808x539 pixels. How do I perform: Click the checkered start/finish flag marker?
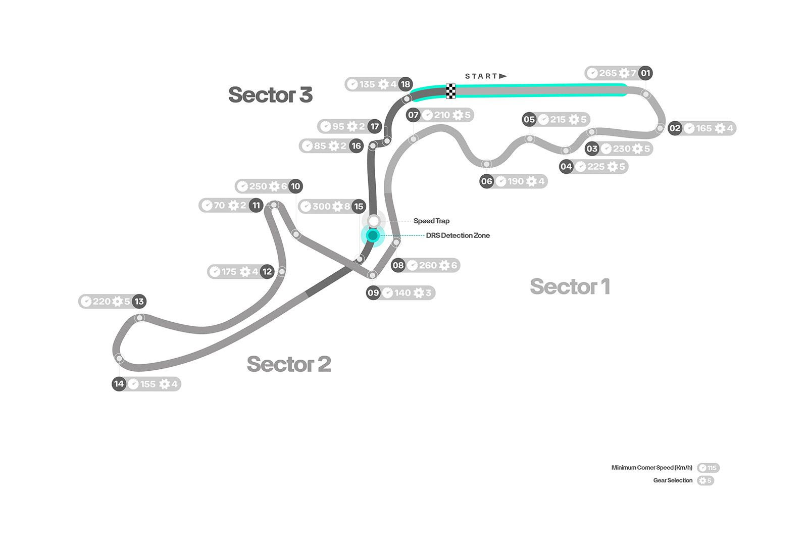click(450, 91)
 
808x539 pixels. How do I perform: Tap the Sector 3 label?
click(270, 95)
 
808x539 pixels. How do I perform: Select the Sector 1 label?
click(570, 286)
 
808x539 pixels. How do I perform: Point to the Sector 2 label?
click(289, 364)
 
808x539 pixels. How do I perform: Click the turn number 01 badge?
click(645, 73)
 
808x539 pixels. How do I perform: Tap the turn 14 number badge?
click(119, 384)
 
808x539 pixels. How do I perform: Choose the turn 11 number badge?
click(256, 206)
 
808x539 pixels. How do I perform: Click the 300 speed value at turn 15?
click(321, 206)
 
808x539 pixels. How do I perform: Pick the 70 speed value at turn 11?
click(219, 206)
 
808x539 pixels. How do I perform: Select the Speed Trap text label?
click(431, 221)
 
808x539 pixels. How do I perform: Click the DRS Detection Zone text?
click(458, 235)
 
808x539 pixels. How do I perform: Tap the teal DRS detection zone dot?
click(373, 235)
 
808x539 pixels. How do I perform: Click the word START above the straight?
click(481, 76)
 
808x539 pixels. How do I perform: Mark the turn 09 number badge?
click(373, 292)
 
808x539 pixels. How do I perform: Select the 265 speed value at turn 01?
click(608, 73)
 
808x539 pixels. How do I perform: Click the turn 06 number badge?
click(486, 181)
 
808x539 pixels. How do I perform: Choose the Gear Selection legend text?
click(673, 480)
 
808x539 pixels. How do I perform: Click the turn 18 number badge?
click(406, 84)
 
